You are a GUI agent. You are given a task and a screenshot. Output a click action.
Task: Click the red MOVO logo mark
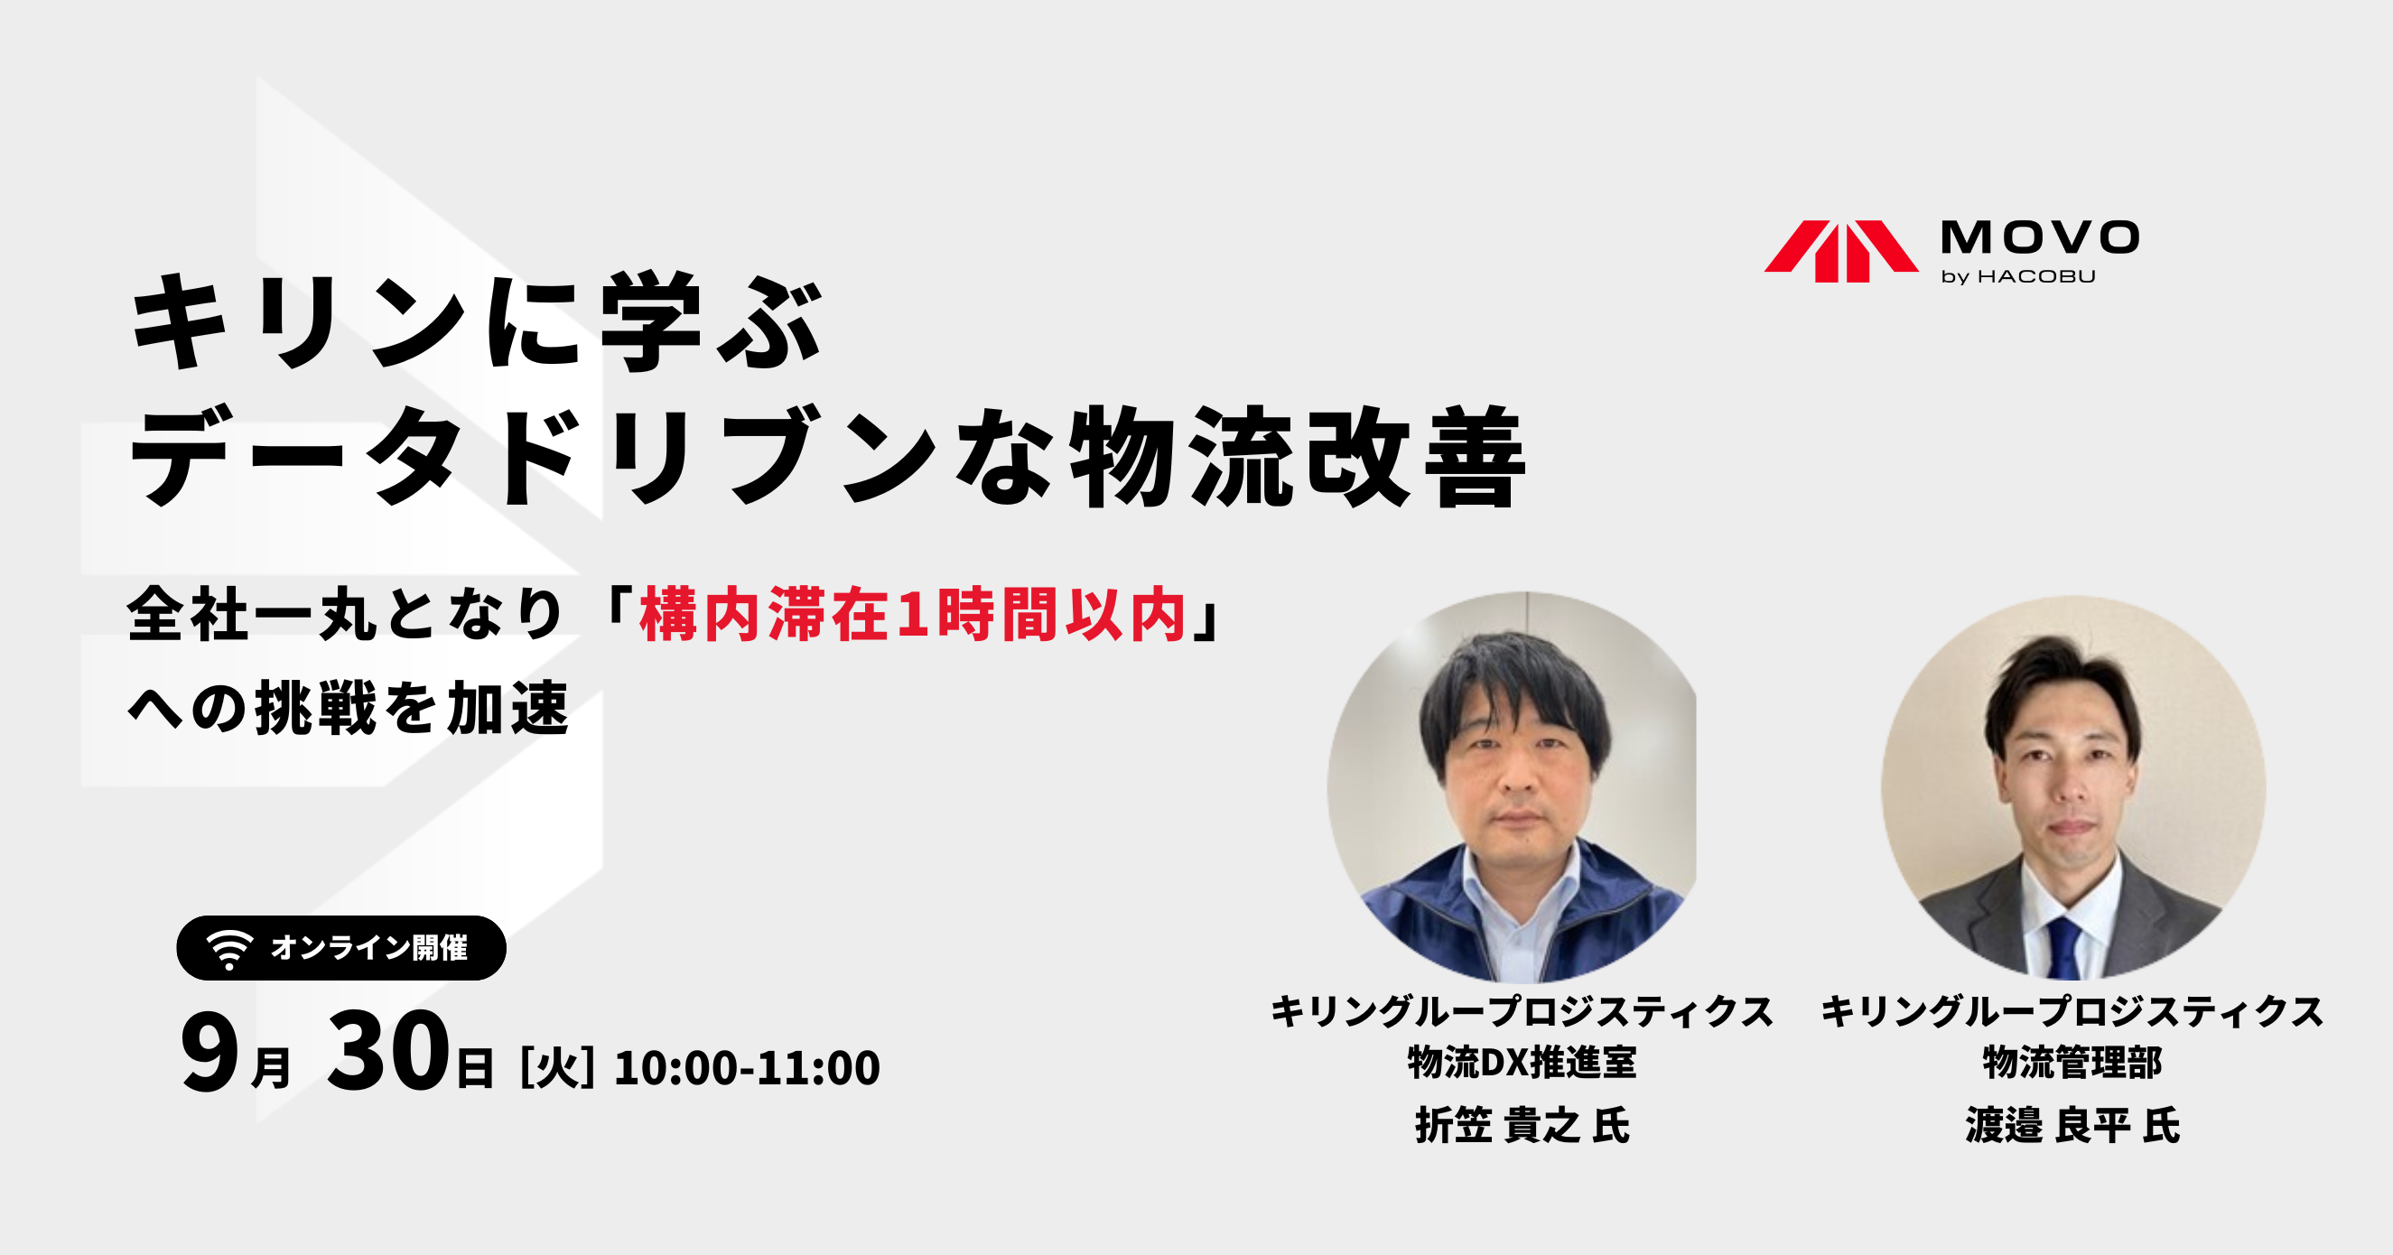[1840, 251]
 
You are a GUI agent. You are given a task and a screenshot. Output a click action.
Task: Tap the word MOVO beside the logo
[2040, 237]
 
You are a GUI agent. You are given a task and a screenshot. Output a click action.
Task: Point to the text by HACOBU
[2018, 277]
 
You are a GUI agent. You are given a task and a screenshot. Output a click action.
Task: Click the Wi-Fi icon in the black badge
[229, 948]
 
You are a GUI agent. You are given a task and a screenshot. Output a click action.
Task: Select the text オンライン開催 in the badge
[368, 947]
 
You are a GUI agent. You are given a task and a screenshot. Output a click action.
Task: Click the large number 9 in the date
[209, 1053]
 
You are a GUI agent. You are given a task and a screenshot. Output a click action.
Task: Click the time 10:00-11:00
[747, 1068]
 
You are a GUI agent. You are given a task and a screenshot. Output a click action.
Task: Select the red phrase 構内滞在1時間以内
[913, 615]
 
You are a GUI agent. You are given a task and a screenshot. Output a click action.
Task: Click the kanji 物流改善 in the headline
[1298, 457]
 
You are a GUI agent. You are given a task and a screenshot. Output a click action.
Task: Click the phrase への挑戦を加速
[349, 709]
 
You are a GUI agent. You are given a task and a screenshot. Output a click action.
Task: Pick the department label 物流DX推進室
[1522, 1062]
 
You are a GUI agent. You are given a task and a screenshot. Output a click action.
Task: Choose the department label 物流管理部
[2072, 1062]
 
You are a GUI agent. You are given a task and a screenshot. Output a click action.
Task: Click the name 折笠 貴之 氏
[1522, 1126]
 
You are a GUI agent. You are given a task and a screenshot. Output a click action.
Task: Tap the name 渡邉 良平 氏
[2072, 1126]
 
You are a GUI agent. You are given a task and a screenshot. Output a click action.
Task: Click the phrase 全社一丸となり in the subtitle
[346, 615]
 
